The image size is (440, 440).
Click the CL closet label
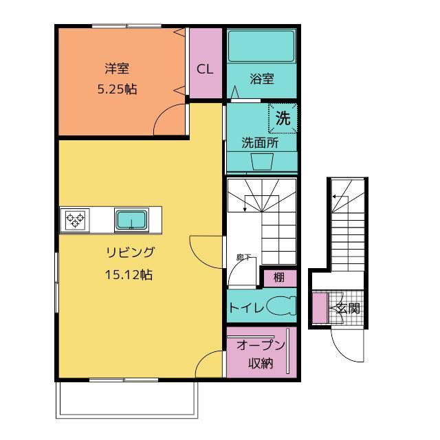(x=205, y=69)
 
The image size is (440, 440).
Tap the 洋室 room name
(x=117, y=69)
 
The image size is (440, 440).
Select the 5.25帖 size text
(x=117, y=89)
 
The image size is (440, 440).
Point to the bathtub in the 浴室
(x=261, y=46)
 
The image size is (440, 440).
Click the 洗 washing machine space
(x=283, y=118)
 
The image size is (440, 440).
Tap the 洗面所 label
(x=260, y=143)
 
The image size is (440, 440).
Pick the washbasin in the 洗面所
(x=263, y=162)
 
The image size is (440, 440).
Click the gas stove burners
(x=75, y=220)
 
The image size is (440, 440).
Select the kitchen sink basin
(x=131, y=220)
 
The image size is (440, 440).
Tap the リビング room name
(x=130, y=252)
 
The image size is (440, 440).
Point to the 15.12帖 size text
(x=129, y=274)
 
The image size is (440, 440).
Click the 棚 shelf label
(x=279, y=278)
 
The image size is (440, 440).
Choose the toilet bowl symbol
(x=281, y=305)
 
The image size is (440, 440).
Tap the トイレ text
(x=246, y=308)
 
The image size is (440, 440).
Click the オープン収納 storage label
(x=261, y=353)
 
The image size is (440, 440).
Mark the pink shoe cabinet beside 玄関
(x=320, y=307)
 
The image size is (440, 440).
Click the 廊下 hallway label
(x=243, y=256)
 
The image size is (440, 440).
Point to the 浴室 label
(x=261, y=79)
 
